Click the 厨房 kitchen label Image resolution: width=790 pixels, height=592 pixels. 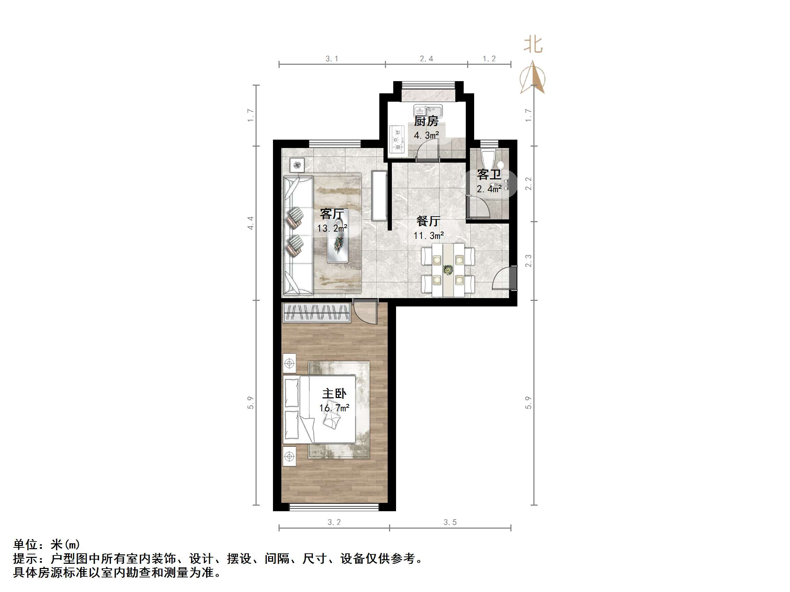pos(426,121)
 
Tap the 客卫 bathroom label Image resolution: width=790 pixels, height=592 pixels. pos(489,175)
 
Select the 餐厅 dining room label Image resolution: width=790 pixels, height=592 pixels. pos(428,221)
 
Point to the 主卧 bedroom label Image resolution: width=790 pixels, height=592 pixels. pos(334,394)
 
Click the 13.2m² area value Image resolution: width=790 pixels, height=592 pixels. pos(332,228)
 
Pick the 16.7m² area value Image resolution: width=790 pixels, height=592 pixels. pos(334,407)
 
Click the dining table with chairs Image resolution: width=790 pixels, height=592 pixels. pos(448,270)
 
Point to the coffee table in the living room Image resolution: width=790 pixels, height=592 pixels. pos(338,243)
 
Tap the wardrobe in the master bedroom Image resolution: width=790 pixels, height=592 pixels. pos(316,313)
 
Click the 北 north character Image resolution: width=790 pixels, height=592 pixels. pos(533,45)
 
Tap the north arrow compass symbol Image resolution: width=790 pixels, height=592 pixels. pos(533,78)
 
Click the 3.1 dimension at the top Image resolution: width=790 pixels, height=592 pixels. pos(332,59)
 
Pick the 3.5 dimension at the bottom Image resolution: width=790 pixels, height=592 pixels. pos(450,522)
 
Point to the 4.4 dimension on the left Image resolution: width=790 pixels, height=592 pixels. pos(251,223)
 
